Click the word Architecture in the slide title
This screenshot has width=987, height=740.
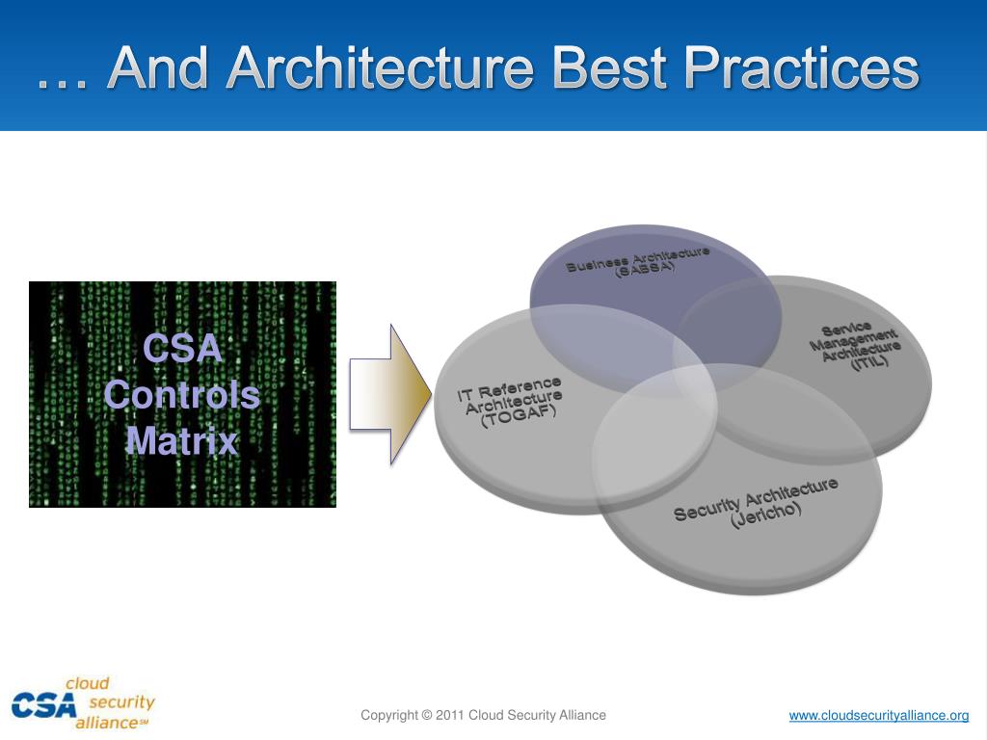(383, 69)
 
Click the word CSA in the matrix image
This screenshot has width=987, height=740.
(182, 349)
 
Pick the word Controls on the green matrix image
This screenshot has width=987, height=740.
(182, 395)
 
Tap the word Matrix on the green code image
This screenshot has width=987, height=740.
(182, 441)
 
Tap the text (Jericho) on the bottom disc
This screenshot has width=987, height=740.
(766, 514)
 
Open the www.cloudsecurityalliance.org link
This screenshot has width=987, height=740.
(878, 715)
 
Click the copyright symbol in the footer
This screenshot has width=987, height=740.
(426, 715)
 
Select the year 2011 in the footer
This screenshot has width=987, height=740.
(450, 715)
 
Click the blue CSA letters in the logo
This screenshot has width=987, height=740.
(42, 705)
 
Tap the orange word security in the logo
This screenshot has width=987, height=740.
(121, 702)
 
